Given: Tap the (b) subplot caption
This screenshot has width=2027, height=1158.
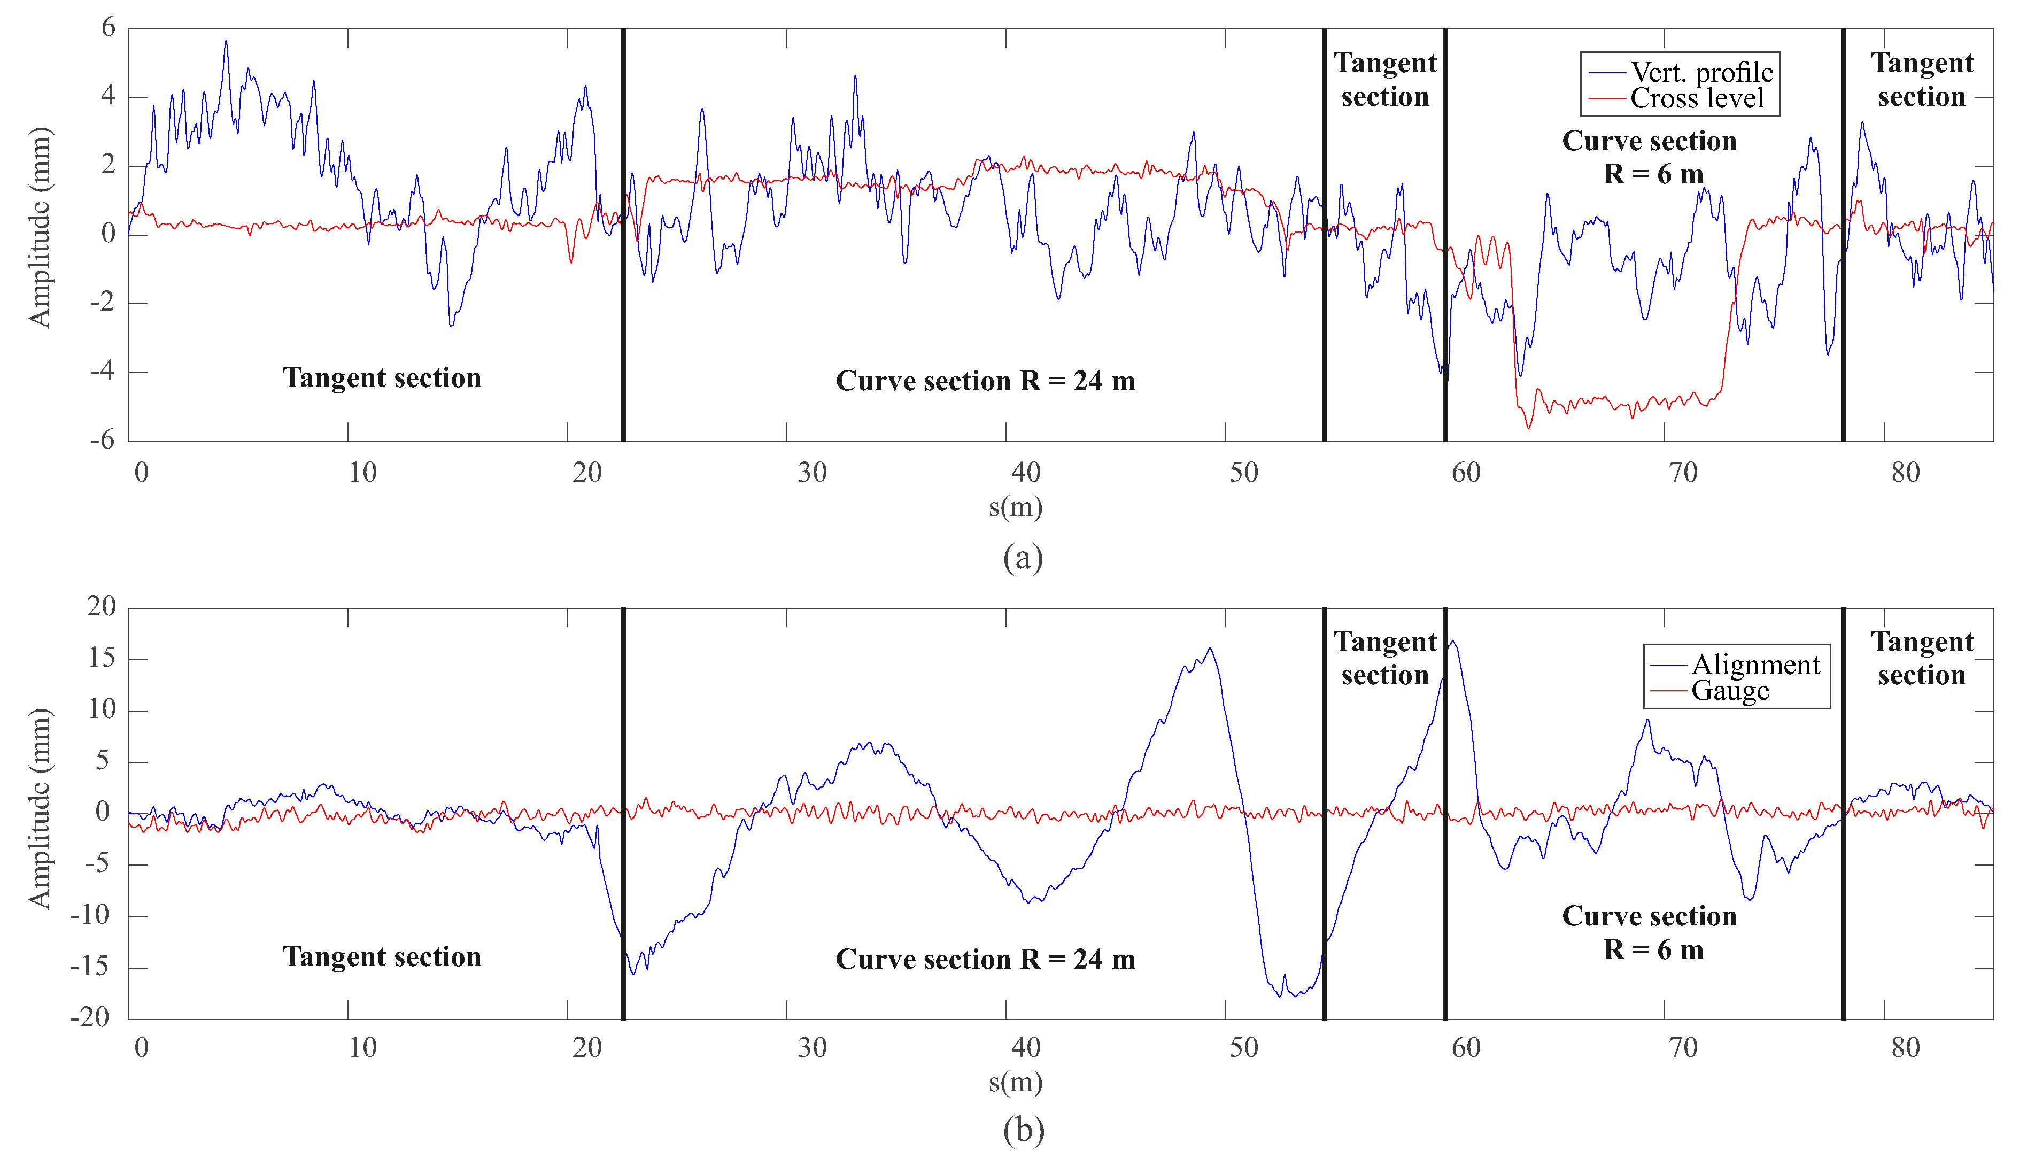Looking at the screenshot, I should (1022, 1130).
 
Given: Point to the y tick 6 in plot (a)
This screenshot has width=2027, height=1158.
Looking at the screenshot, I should (108, 28).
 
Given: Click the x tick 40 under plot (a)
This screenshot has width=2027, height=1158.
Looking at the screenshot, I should (1025, 473).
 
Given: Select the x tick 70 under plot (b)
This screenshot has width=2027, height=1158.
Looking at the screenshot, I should (1683, 1047).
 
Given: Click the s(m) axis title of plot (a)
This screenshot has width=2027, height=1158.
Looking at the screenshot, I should (1015, 507).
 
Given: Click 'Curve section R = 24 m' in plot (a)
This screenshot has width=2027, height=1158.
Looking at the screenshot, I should (985, 381).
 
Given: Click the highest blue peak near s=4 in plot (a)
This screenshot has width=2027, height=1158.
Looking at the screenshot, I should (226, 41).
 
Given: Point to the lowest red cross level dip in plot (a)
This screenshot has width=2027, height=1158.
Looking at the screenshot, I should (1528, 428).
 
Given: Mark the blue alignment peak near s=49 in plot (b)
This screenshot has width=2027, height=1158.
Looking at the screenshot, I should (1210, 649).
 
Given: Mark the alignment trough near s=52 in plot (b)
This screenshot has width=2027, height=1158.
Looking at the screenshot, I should (1280, 996).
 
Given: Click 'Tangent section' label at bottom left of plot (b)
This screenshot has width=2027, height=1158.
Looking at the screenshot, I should (382, 957).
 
